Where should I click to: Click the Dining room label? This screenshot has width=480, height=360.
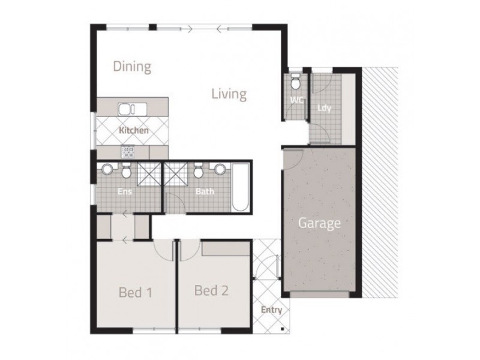pos(132,66)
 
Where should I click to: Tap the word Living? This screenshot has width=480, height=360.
pos(229,94)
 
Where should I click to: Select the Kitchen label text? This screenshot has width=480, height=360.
pos(133,130)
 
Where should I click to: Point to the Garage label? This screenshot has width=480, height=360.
pos(320,224)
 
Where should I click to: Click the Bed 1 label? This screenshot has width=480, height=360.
pos(135,292)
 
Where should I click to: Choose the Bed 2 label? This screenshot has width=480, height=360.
pos(211,291)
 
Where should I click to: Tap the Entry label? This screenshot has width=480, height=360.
pos(271,310)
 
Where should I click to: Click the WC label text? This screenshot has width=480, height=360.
pos(296,100)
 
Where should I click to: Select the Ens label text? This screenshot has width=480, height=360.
pos(124,193)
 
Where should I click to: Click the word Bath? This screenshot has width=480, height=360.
pos(205,193)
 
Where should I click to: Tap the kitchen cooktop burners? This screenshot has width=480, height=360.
pos(127,151)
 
